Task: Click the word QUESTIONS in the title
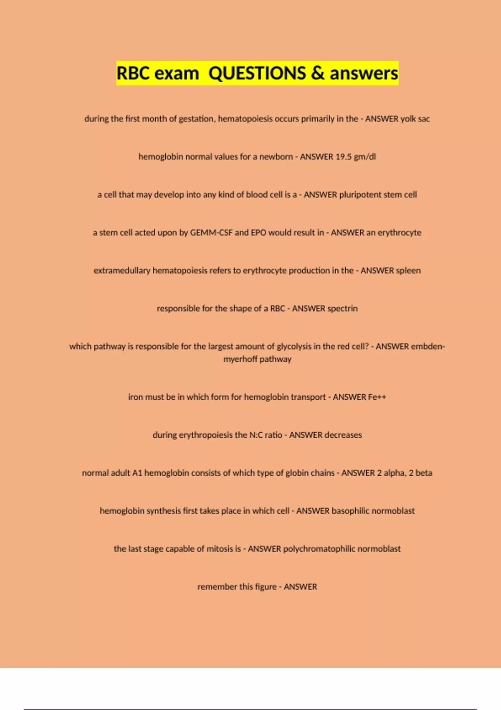257,74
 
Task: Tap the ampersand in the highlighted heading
318,74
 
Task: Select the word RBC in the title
133,74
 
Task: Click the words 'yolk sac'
415,119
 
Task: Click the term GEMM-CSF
211,233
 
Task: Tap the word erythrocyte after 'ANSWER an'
400,233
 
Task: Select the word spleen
408,271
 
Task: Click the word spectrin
342,309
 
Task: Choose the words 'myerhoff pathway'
257,359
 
